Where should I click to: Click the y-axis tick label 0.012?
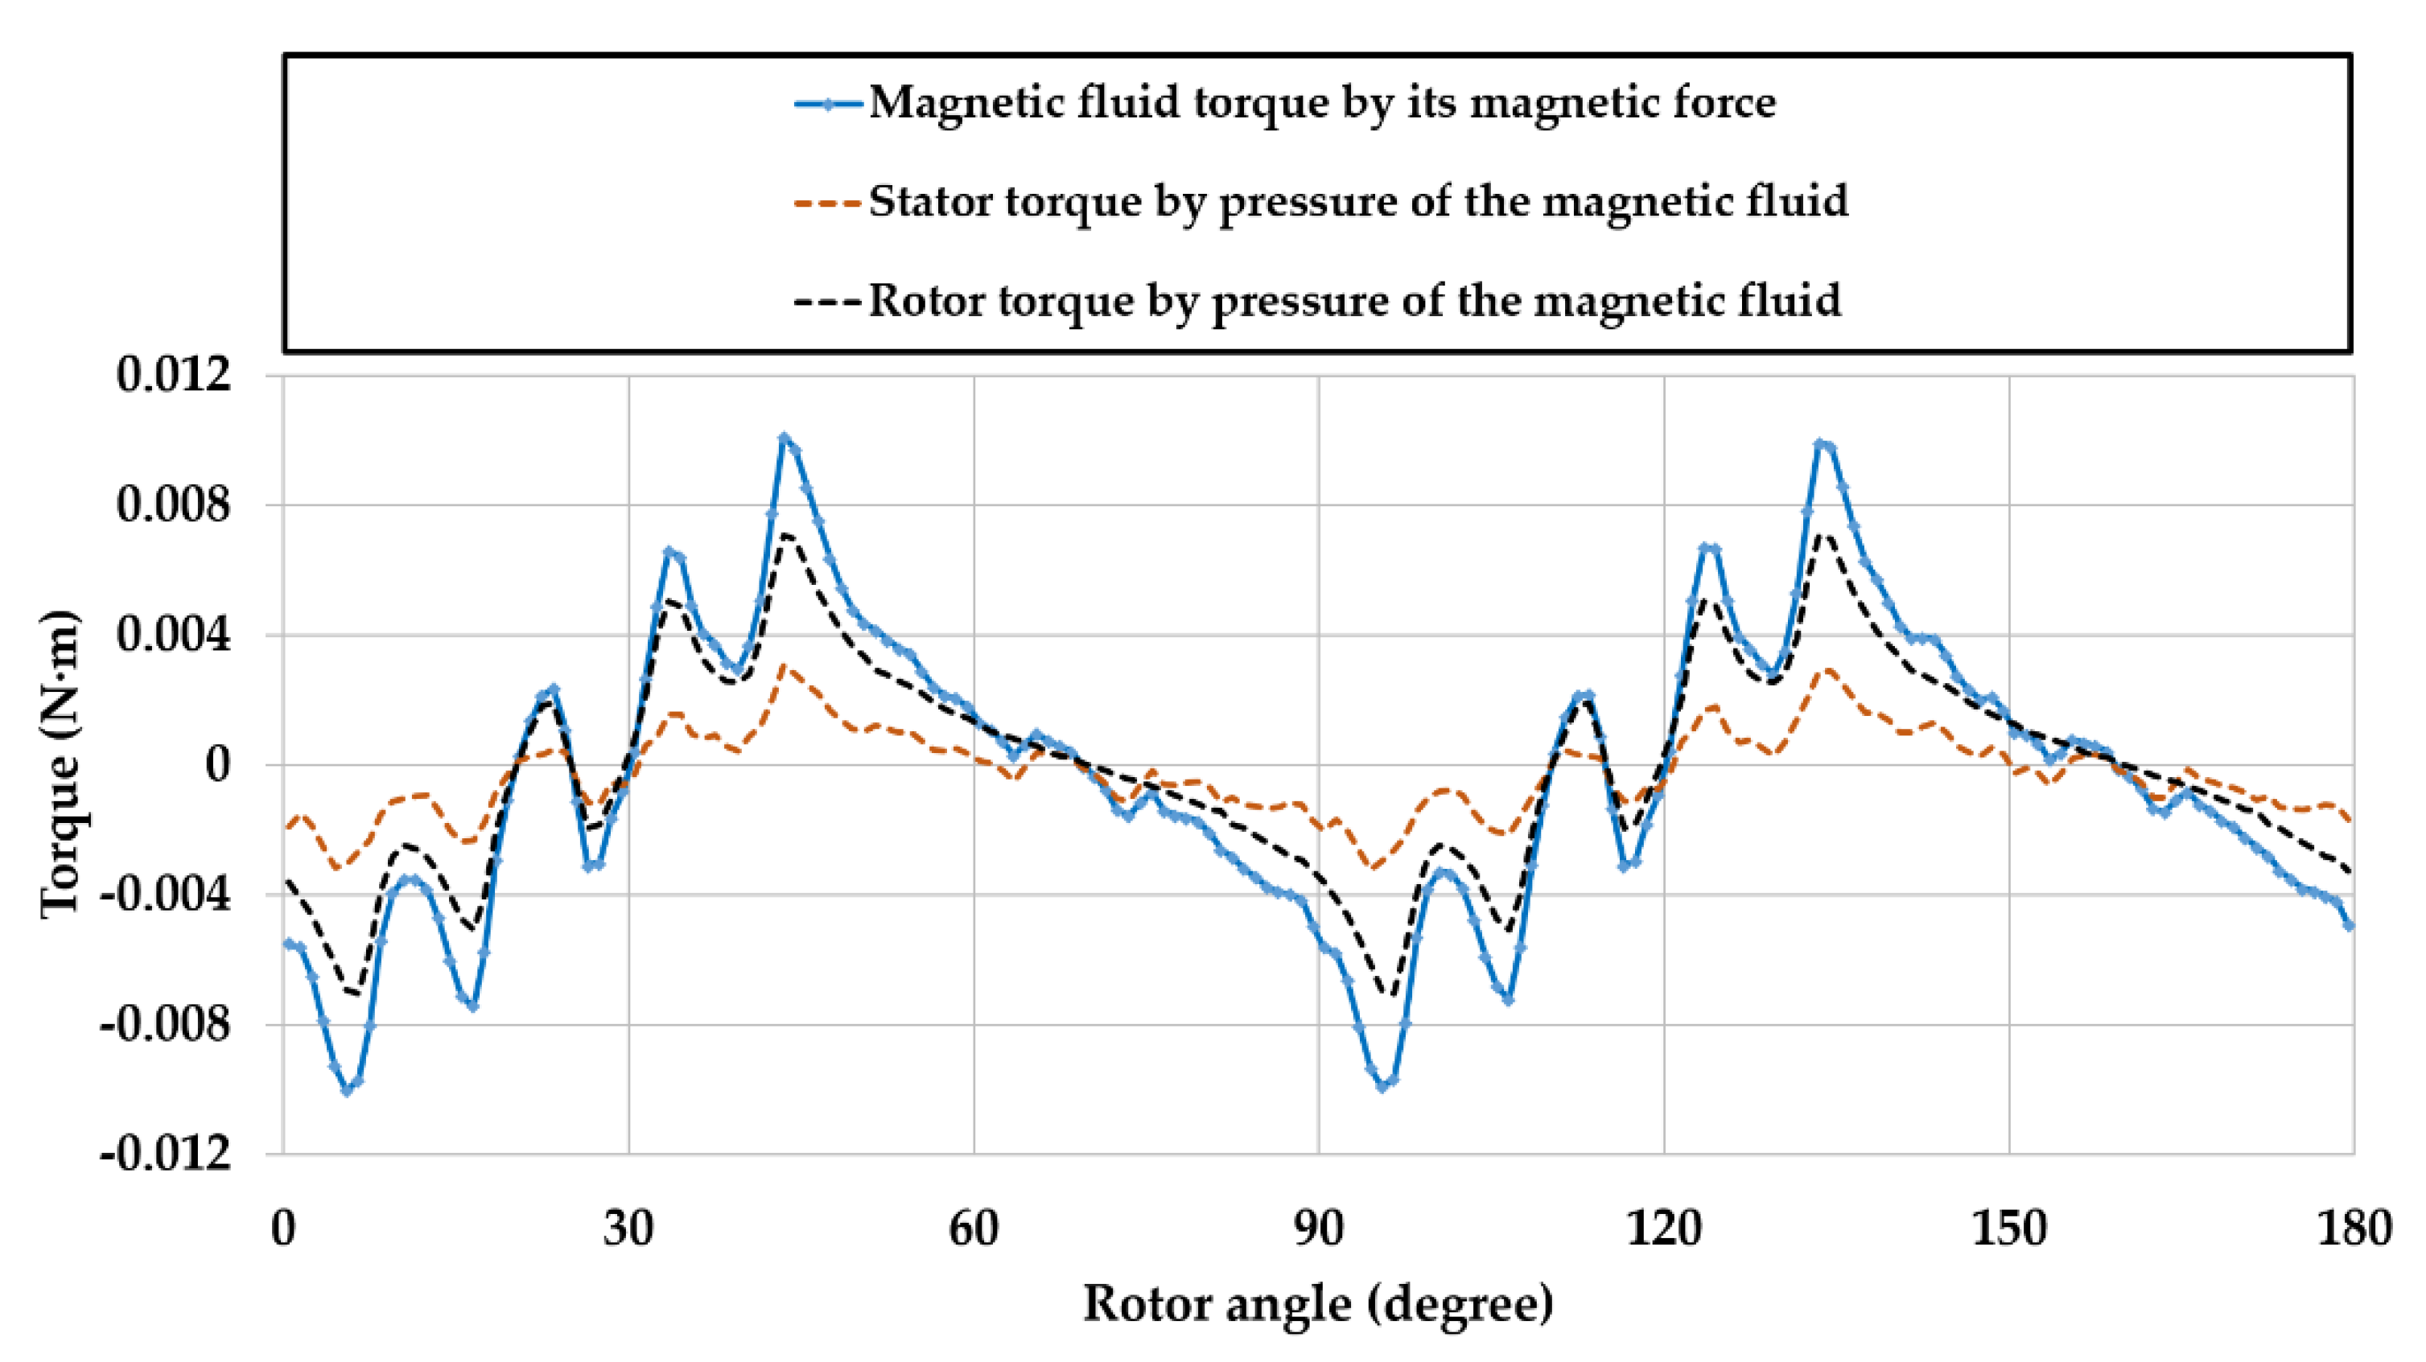click(160, 376)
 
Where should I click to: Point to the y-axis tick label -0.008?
click(166, 1025)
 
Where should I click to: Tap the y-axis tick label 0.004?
click(160, 636)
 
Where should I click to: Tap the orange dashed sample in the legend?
click(828, 204)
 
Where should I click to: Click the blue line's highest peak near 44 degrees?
click(784, 438)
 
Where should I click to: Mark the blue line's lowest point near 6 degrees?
click(348, 1091)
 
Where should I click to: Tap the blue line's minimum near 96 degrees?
click(1382, 1087)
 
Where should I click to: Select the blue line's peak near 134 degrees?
click(1819, 442)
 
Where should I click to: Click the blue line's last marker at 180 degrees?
click(2349, 926)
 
